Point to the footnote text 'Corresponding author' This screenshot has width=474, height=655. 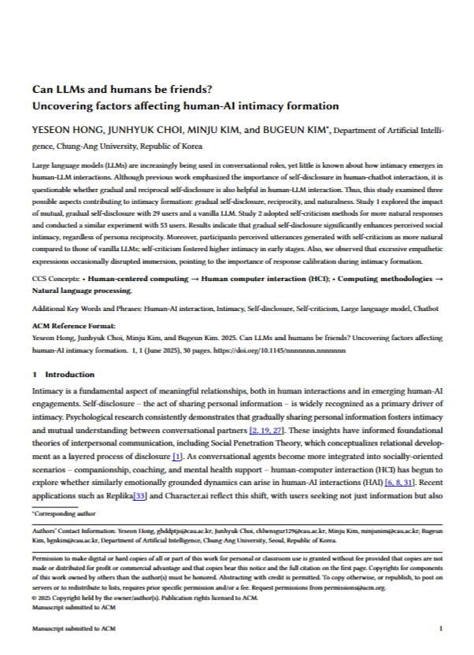pyautogui.click(x=59, y=513)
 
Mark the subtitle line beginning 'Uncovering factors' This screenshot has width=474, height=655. pyautogui.click(x=185, y=105)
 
